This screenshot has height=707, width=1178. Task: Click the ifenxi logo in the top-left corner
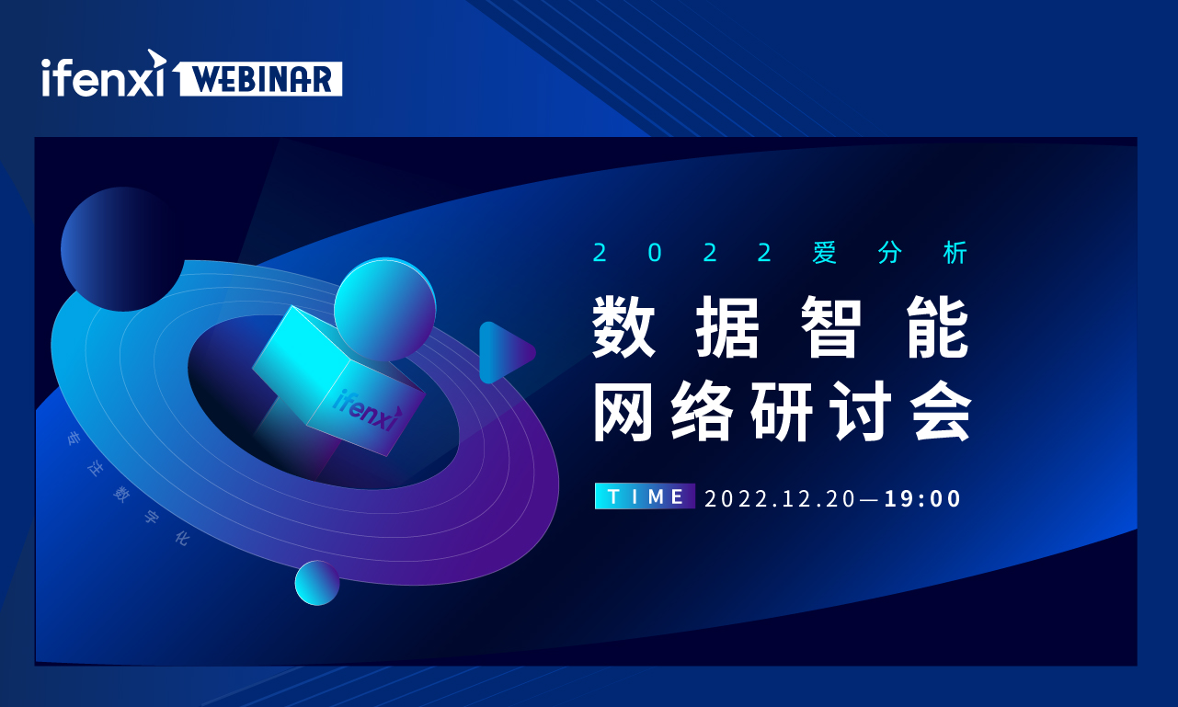tap(104, 74)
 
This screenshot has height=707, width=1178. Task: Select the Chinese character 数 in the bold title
tap(624, 326)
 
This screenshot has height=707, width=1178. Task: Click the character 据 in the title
tap(728, 326)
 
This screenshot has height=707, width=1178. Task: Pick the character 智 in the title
tap(831, 326)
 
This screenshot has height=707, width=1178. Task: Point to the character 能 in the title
tap(938, 326)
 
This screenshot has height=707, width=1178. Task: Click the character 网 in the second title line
tap(623, 411)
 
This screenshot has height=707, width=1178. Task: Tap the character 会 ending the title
tap(941, 411)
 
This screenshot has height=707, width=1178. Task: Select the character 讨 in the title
tap(861, 411)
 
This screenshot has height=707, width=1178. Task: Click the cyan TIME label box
tap(645, 496)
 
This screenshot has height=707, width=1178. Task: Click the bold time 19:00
tap(922, 498)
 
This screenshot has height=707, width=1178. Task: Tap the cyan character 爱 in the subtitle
tap(824, 253)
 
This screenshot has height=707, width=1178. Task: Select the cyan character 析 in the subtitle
tap(955, 253)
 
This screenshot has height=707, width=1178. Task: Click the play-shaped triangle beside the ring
tap(507, 352)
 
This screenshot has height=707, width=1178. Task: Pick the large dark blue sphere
tap(122, 249)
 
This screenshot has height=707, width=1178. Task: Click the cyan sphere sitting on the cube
tap(385, 309)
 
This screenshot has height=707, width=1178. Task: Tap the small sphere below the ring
tap(317, 582)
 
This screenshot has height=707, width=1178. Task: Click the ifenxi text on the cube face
tap(368, 409)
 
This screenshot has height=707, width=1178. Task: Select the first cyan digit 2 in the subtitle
tap(600, 253)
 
